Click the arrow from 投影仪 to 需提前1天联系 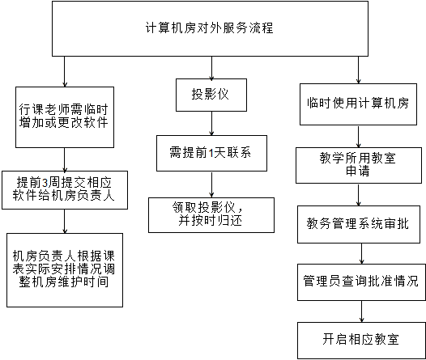[211, 124]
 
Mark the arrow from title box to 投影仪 [211, 68]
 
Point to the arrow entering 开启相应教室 [361, 311]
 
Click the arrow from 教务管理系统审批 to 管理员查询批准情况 [361, 254]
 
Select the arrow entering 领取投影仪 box [211, 184]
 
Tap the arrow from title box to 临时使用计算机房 [358, 70]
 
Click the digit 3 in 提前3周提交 [45, 183]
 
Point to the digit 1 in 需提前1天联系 [211, 153]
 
